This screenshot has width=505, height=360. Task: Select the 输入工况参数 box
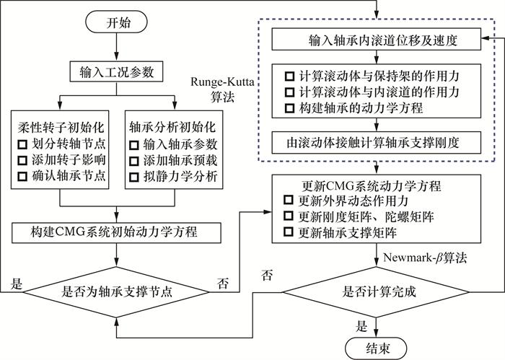tap(115, 72)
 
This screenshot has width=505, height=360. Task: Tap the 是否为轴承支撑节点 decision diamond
tap(115, 292)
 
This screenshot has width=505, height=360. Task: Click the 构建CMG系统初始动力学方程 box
tap(115, 232)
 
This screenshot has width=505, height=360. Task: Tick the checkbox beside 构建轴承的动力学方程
tap(290, 107)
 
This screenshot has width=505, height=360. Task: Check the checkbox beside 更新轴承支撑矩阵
tap(289, 232)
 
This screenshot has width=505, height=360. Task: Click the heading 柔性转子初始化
tap(61, 126)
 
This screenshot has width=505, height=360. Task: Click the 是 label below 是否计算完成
tap(363, 325)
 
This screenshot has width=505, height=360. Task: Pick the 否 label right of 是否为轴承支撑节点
tap(222, 282)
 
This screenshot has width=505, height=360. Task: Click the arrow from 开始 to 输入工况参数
tap(115, 50)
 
